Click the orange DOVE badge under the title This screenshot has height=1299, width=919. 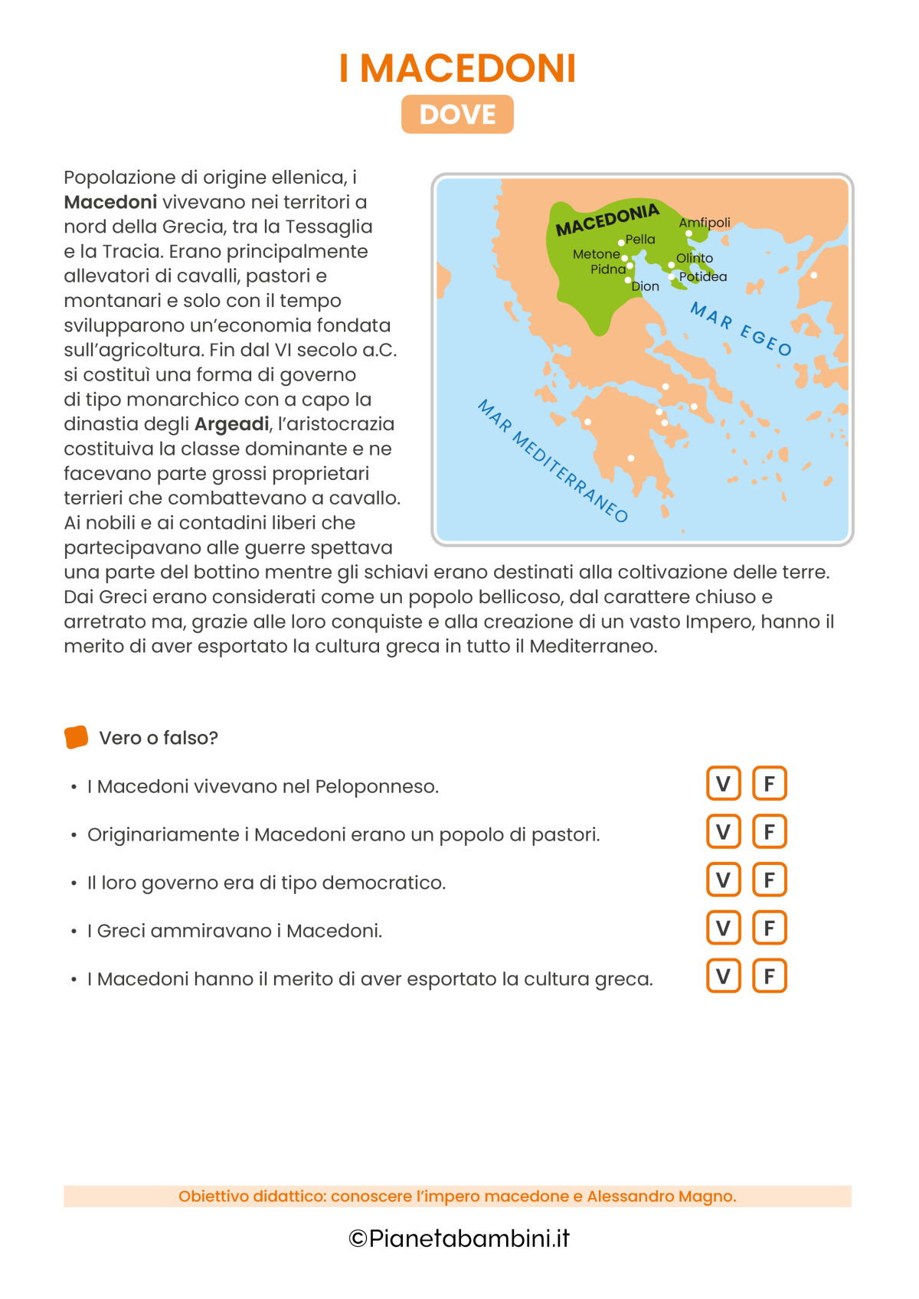[x=457, y=115]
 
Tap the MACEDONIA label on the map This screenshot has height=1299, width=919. [x=607, y=220]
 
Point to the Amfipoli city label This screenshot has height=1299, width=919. [x=705, y=223]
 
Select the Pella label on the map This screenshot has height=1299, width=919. [x=640, y=240]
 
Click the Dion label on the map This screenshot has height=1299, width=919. [x=645, y=286]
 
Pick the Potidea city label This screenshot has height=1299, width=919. [x=703, y=277]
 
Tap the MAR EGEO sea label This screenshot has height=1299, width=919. [x=741, y=329]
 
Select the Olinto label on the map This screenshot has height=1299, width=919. [x=695, y=259]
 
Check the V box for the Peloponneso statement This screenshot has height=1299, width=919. [x=723, y=783]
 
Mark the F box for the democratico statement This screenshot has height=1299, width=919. [x=770, y=880]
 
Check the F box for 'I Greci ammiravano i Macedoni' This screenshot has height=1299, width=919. [x=770, y=929]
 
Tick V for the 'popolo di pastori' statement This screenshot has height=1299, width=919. [x=723, y=832]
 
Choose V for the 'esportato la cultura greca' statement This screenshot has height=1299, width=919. [x=723, y=977]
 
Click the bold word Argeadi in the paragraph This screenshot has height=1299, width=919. [x=232, y=424]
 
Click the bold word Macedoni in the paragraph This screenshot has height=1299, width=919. [x=110, y=202]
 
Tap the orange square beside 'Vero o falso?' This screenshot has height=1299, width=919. [x=76, y=737]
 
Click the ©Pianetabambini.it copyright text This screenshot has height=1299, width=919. [x=459, y=1239]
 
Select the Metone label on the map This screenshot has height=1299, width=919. [x=596, y=254]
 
